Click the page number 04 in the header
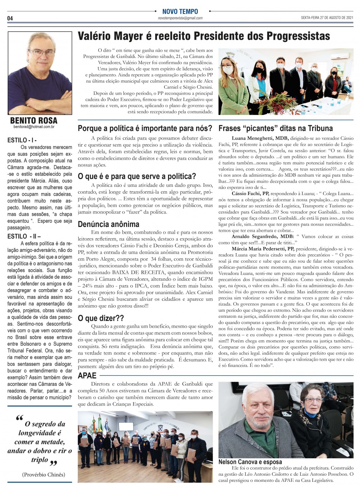10,18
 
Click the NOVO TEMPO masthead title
180,12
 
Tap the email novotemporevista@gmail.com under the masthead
180,18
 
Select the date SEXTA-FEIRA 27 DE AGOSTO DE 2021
327,18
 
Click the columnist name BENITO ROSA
34,120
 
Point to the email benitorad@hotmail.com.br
34,127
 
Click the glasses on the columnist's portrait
42,53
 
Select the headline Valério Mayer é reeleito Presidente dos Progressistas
204,36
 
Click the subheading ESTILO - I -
22,140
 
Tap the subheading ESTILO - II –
24,236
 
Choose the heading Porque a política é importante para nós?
145,128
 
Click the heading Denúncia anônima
109,224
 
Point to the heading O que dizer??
101,318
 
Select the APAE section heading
87,376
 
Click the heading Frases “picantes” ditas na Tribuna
275,128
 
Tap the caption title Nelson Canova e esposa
250,462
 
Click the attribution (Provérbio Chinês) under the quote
43,474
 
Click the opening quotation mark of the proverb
19,419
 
